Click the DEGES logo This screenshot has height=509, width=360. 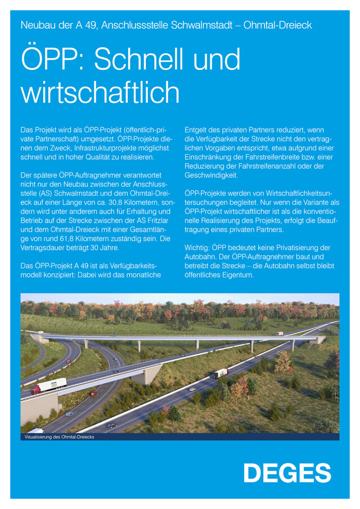pos(287,472)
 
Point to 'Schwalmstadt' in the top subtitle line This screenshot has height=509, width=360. pos(205,25)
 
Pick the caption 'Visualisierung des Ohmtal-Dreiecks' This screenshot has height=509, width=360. pos(59,436)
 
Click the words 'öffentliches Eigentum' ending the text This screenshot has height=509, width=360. pos(219,275)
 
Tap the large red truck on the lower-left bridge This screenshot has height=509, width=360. pos(48,386)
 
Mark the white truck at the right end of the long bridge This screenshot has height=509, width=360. pos(280,333)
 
